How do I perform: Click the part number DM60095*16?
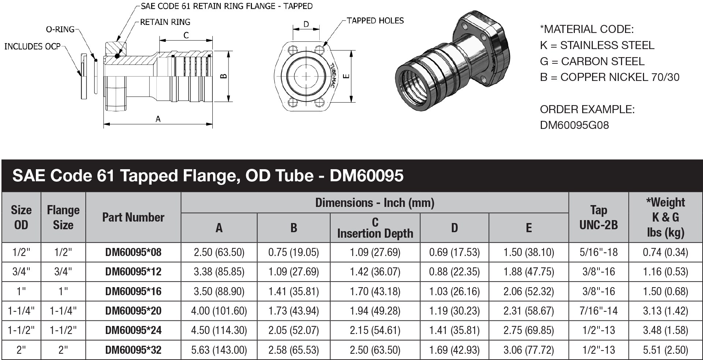coord(133,292)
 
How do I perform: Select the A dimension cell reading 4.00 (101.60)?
coord(219,311)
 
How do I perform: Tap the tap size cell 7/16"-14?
coord(598,311)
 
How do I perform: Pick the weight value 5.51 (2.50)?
coord(665,350)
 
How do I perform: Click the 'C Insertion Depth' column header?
coord(375,228)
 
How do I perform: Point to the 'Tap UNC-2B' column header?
coord(598,217)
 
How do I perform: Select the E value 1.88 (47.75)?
coord(528,272)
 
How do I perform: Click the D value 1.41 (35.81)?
coord(454,330)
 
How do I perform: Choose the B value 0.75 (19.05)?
coord(293,252)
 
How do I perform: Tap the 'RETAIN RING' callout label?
coord(165,22)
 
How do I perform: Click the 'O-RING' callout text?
coord(60,29)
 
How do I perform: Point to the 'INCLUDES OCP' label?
coord(32,47)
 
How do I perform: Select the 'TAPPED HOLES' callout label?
coord(375,21)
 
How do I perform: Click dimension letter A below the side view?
coord(158,119)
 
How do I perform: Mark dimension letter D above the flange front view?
coord(306,25)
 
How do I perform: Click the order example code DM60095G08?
coord(574,125)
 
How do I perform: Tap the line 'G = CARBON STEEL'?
coord(592,61)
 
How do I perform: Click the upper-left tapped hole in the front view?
coord(293,50)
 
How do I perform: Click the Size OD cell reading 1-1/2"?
coord(21,330)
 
